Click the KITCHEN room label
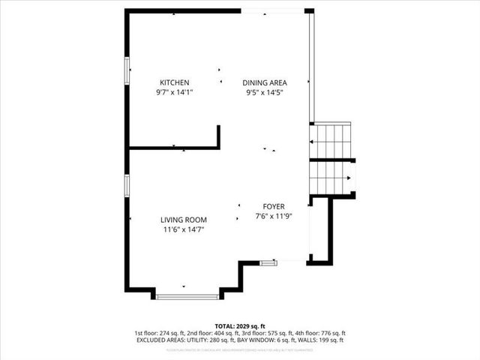point(174,82)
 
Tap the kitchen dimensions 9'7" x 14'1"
point(174,93)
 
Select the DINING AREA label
point(265,82)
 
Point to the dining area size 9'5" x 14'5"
point(265,93)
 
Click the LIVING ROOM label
point(183,220)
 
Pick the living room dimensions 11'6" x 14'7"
point(183,230)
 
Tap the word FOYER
point(273,206)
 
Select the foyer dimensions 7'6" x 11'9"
point(273,217)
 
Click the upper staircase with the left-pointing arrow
point(332,140)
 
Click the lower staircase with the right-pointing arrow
point(332,177)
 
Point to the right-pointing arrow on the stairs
point(349,178)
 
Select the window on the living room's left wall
point(127,185)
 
